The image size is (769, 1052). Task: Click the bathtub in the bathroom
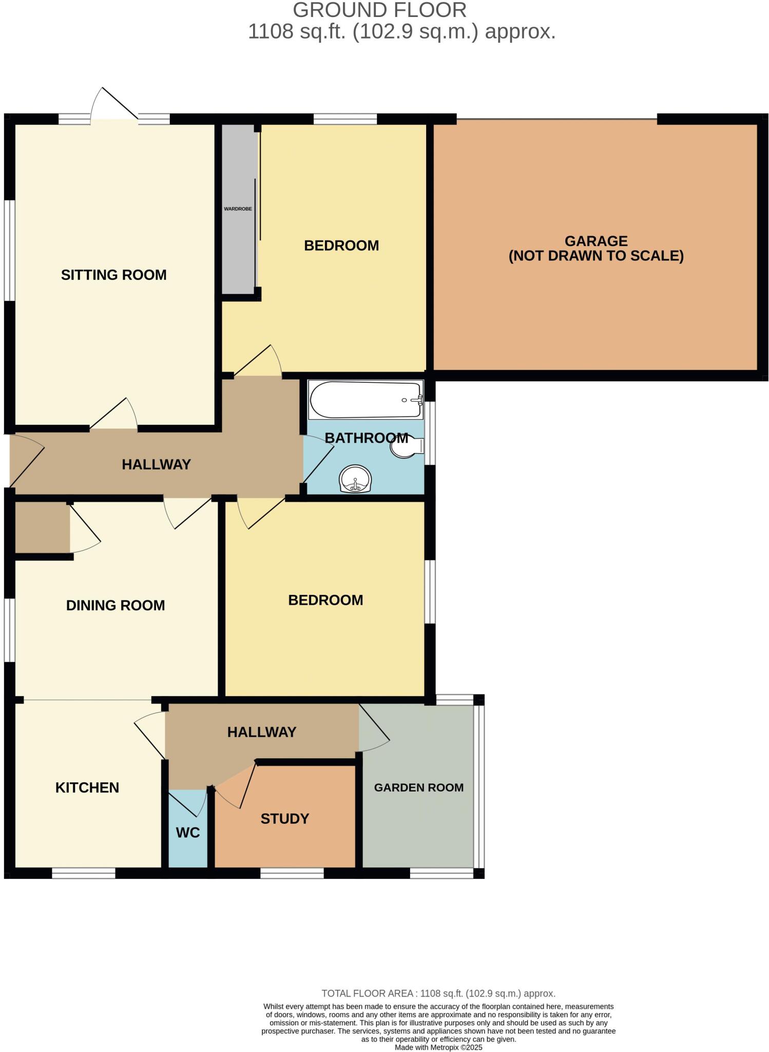(x=365, y=400)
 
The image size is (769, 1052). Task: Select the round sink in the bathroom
(x=355, y=479)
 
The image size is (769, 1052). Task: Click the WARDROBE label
(x=238, y=209)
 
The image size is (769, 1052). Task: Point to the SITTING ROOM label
(x=114, y=275)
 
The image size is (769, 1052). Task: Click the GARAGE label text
(x=596, y=241)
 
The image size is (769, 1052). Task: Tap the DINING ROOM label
(x=116, y=605)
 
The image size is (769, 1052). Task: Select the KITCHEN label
(x=87, y=787)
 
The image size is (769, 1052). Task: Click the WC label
(x=188, y=833)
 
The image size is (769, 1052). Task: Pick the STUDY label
(x=285, y=819)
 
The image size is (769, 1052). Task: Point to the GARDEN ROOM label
(x=418, y=787)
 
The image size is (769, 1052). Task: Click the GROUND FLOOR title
(x=380, y=10)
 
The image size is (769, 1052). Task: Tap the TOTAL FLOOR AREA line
(x=438, y=993)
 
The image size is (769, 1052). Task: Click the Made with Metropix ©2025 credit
(x=438, y=1047)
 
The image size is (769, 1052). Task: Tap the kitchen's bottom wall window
(x=84, y=873)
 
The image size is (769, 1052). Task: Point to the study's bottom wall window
(x=292, y=873)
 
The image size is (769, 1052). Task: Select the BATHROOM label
(x=367, y=438)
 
